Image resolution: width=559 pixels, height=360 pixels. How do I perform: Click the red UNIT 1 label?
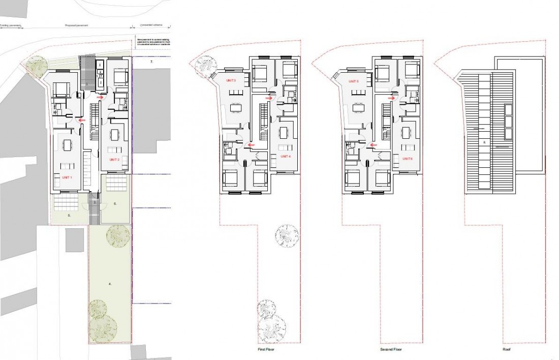[x=67, y=178]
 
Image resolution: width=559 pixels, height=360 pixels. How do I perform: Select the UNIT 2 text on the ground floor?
[x=114, y=160]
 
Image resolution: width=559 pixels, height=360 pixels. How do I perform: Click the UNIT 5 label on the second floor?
[x=354, y=81]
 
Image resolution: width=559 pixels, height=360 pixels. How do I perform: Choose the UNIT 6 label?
[x=408, y=159]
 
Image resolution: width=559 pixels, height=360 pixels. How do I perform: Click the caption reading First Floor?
[x=267, y=350]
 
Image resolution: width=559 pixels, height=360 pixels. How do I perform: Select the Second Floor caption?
[x=391, y=350]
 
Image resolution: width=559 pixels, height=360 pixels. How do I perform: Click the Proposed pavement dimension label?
[x=76, y=24]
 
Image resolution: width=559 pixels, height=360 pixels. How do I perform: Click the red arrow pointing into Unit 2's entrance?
[x=105, y=98]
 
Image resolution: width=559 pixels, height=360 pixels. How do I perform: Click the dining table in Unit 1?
[x=67, y=145]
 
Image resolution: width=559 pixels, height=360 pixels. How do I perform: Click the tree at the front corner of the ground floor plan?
[x=35, y=66]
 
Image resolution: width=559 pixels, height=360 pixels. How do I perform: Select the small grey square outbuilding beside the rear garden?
[x=75, y=240]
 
